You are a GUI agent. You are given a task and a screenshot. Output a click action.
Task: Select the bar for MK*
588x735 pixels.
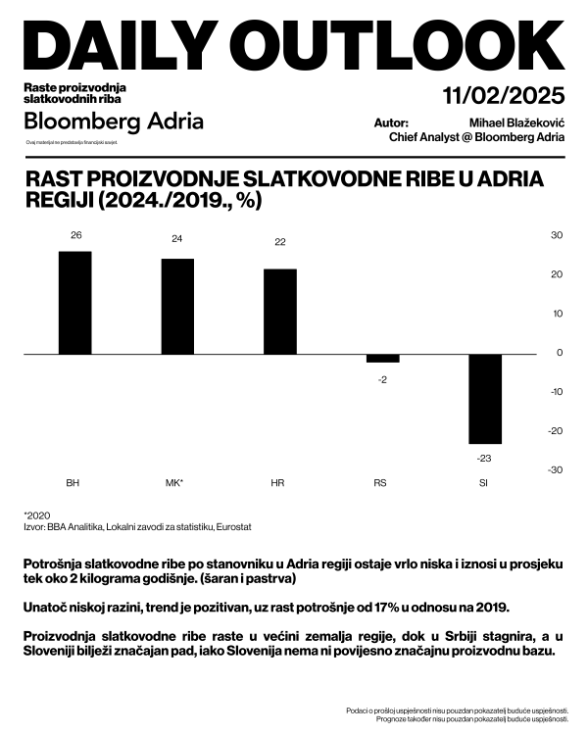click(177, 306)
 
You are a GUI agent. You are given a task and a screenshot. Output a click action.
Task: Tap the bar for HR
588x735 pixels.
click(280, 311)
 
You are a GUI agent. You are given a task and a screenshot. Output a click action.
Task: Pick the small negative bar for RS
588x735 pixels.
click(382, 358)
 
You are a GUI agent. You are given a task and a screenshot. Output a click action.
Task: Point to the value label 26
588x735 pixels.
click(74, 235)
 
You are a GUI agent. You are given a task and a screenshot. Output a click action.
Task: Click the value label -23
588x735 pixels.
click(484, 458)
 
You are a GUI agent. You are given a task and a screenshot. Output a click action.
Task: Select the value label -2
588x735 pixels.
click(382, 378)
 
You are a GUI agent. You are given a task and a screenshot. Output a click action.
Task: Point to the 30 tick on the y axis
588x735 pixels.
click(556, 235)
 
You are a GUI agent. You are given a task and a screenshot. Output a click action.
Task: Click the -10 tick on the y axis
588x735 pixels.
click(555, 392)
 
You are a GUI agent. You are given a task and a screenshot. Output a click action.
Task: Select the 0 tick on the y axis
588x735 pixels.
click(560, 353)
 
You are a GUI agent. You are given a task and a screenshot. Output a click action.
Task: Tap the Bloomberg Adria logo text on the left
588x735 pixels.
click(114, 122)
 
